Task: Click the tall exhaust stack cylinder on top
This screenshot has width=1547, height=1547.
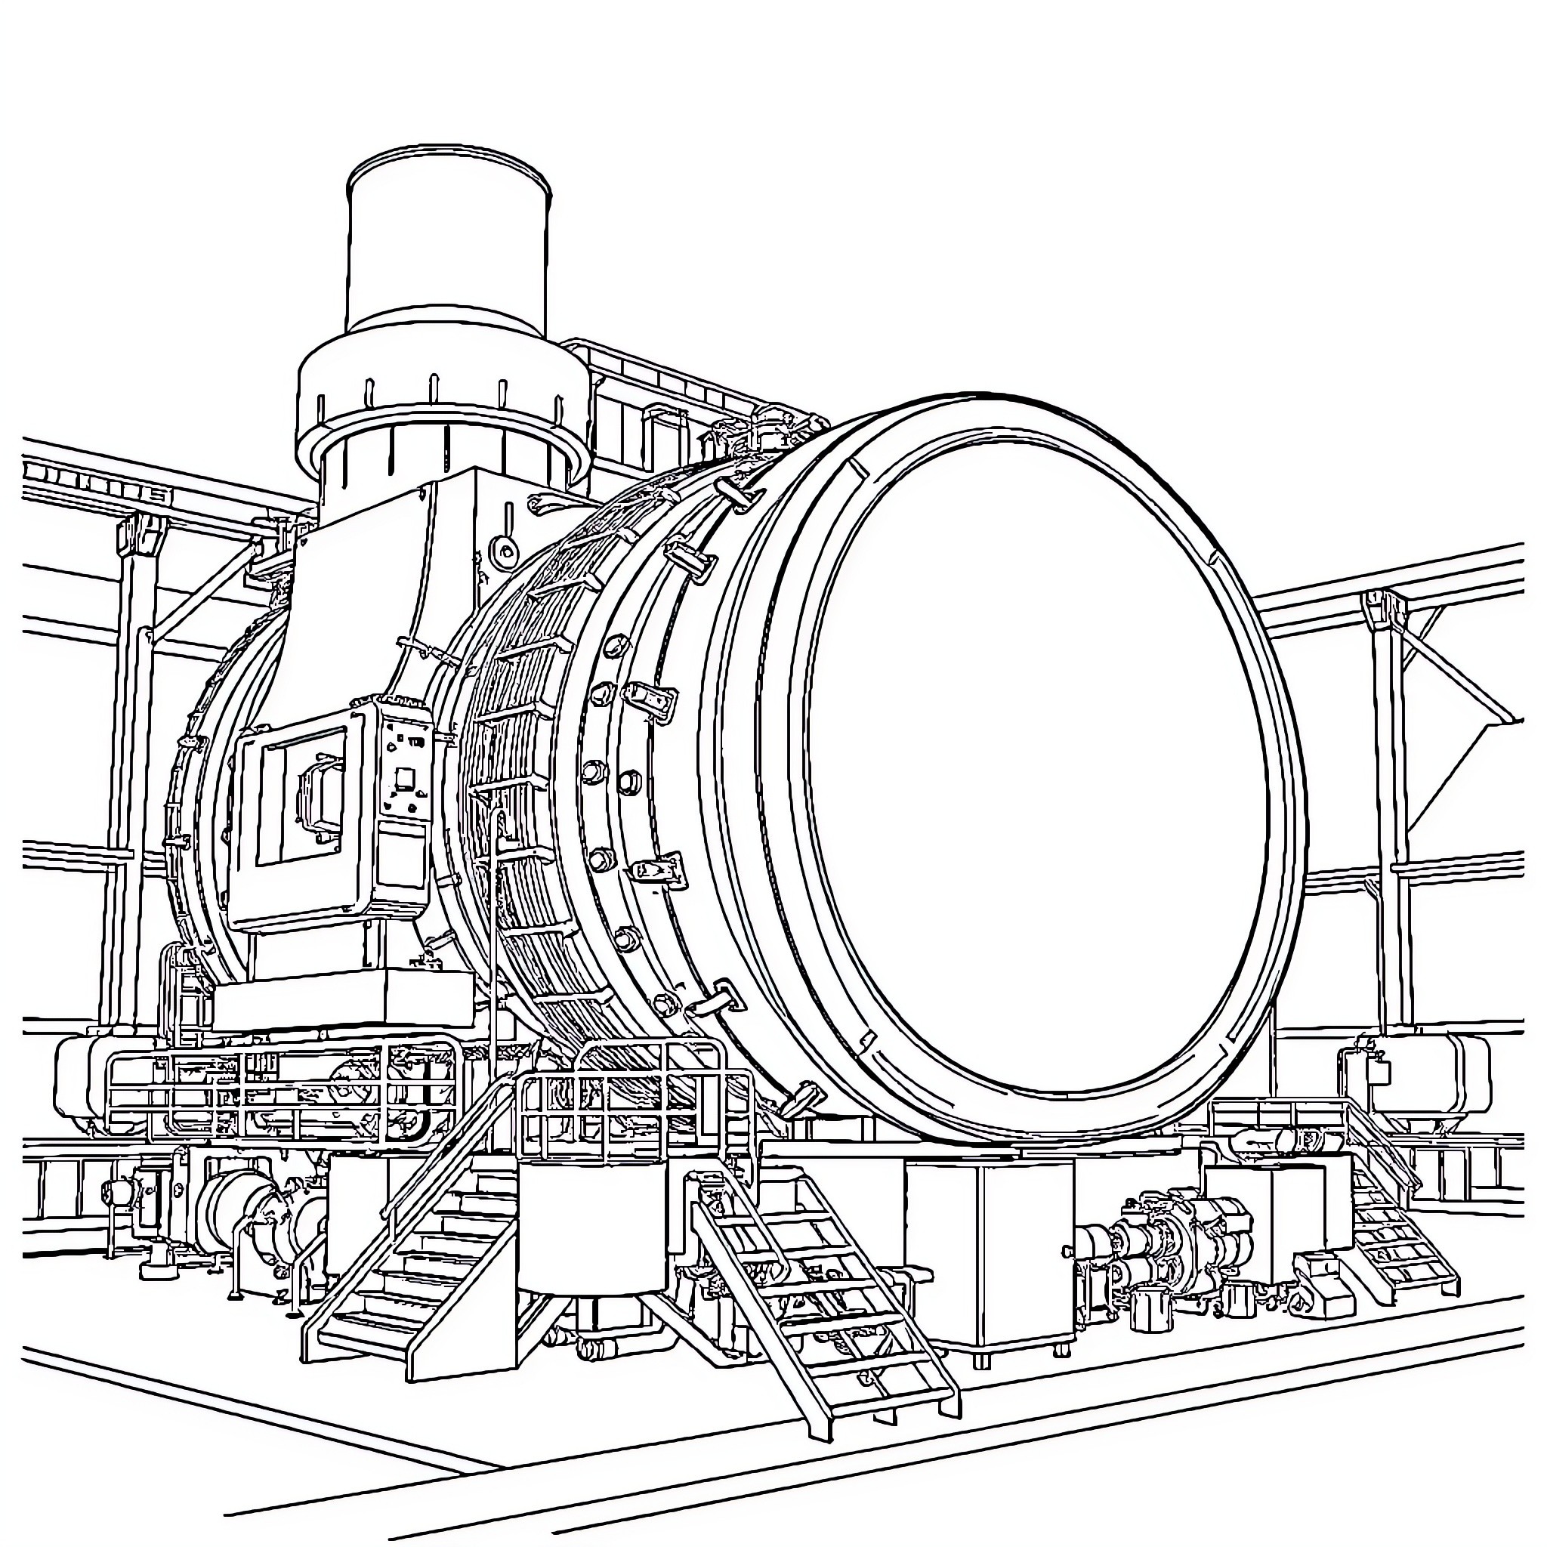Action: [449, 240]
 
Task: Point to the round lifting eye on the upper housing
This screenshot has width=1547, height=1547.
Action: [505, 548]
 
